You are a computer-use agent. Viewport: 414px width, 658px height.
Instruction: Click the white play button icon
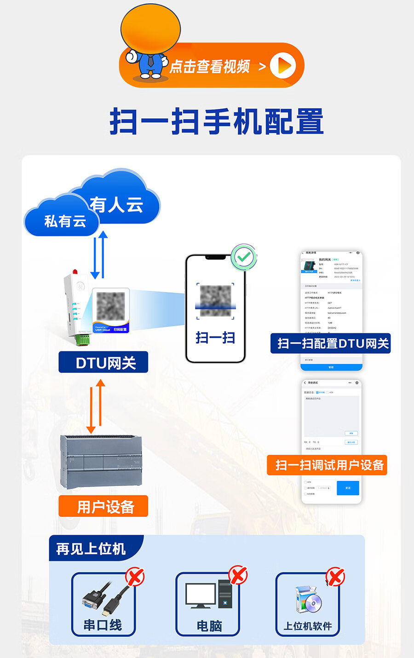(283, 65)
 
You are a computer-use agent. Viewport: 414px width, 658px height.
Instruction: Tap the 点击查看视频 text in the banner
(210, 67)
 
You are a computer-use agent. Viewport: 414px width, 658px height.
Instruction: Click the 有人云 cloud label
(116, 205)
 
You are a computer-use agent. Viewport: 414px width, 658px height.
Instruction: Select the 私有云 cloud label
(65, 221)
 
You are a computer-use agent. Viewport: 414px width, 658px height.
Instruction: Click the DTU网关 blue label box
(103, 362)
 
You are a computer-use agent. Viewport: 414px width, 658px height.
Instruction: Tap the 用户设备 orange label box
(103, 506)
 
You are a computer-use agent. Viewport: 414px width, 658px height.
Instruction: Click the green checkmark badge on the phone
(244, 257)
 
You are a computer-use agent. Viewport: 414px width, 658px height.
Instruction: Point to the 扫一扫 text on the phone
(215, 338)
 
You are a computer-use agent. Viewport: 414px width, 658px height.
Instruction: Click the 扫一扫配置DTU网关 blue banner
(330, 343)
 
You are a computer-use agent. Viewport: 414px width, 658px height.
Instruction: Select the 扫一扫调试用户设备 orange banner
(327, 465)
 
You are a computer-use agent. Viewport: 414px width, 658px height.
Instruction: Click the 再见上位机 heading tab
(91, 549)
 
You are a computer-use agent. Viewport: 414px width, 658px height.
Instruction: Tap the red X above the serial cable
(135, 577)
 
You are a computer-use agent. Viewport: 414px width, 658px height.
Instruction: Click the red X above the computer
(238, 575)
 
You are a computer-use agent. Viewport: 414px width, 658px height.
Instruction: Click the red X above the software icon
(335, 576)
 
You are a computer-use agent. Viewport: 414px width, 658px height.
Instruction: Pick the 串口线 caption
(103, 625)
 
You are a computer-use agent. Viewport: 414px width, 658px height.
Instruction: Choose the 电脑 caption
(209, 626)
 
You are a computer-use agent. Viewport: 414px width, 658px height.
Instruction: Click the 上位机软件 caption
(308, 626)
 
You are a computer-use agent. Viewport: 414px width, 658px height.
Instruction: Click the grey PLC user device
(101, 461)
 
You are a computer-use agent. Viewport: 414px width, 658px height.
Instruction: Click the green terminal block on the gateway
(83, 340)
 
